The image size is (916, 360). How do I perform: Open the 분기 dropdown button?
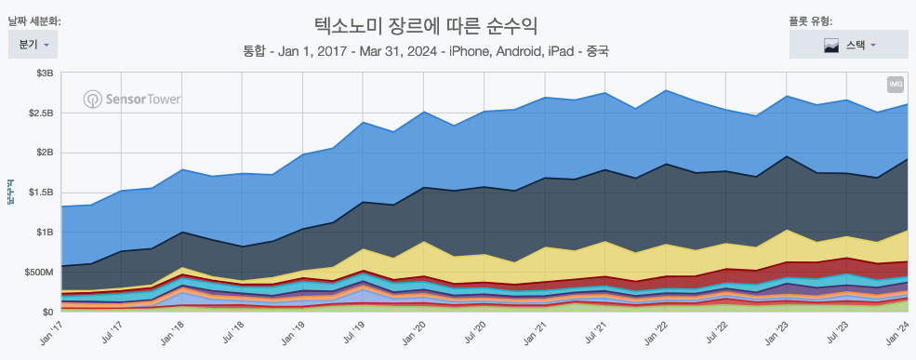pyautogui.click(x=33, y=44)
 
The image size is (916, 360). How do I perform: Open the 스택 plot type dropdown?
pyautogui.click(x=848, y=45)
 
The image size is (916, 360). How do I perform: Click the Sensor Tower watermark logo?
pyautogui.click(x=131, y=99)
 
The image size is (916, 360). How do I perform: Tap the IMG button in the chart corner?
pyautogui.click(x=896, y=85)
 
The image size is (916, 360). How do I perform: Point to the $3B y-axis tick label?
pyautogui.click(x=45, y=73)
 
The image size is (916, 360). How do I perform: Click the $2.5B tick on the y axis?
pyautogui.click(x=41, y=113)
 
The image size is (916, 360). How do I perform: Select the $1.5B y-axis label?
pyautogui.click(x=41, y=193)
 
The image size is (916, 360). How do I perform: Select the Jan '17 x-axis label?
pyautogui.click(x=53, y=332)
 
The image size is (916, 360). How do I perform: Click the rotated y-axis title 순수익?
pyautogui.click(x=10, y=193)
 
